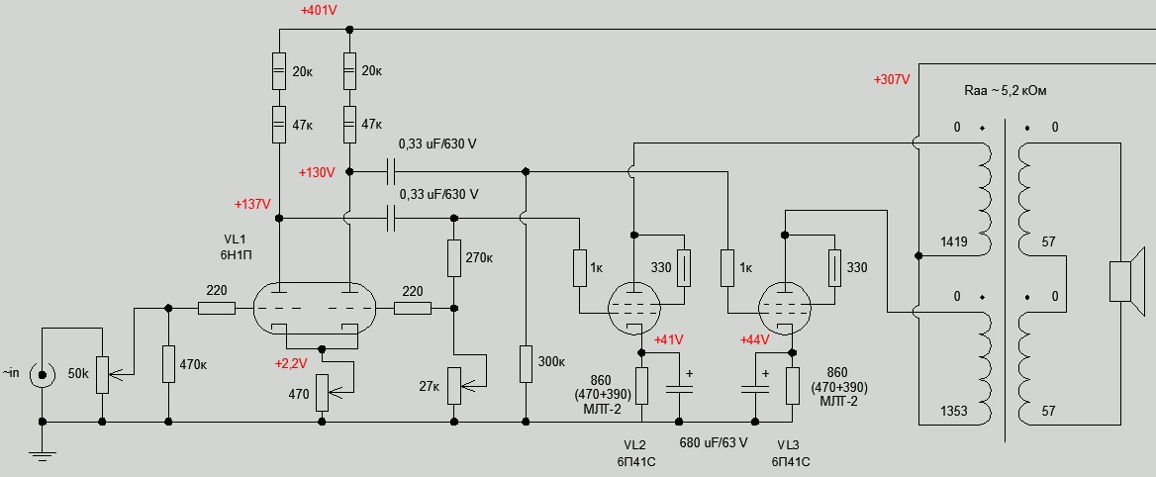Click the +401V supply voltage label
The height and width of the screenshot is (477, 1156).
(x=318, y=12)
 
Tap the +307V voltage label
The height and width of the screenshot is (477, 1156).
(x=892, y=79)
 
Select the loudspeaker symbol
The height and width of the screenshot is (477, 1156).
(x=1119, y=281)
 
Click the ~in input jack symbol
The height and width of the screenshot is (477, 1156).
(x=43, y=374)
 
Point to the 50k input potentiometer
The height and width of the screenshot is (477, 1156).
(x=102, y=374)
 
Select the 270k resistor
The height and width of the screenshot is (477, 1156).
(x=454, y=257)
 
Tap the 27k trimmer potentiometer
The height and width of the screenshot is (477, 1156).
(x=454, y=385)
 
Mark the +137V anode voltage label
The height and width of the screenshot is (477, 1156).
(x=252, y=204)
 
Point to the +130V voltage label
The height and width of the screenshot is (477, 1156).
(x=317, y=171)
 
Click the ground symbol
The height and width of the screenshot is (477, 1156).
(x=43, y=454)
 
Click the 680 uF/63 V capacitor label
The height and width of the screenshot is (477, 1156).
(x=712, y=442)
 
